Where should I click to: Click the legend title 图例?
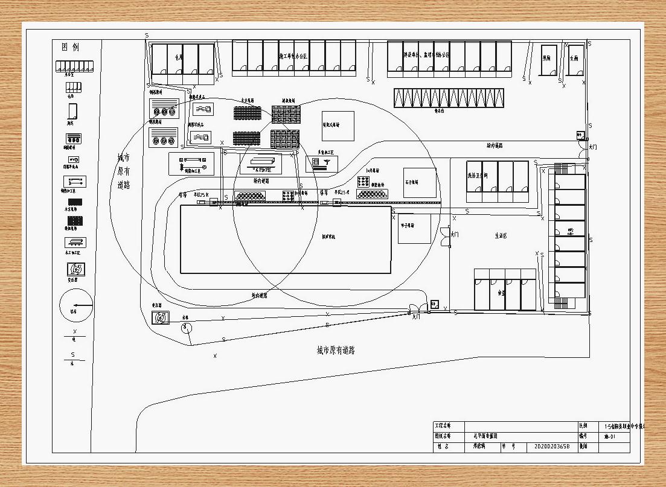point(71,48)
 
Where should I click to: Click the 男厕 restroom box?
point(549,60)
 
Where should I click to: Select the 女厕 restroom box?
point(575,60)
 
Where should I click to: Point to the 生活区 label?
point(501,235)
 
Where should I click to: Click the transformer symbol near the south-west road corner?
point(161,317)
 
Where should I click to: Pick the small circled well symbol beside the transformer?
point(187,327)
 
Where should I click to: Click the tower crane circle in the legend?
point(76,305)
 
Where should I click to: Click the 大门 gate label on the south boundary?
point(415,316)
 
